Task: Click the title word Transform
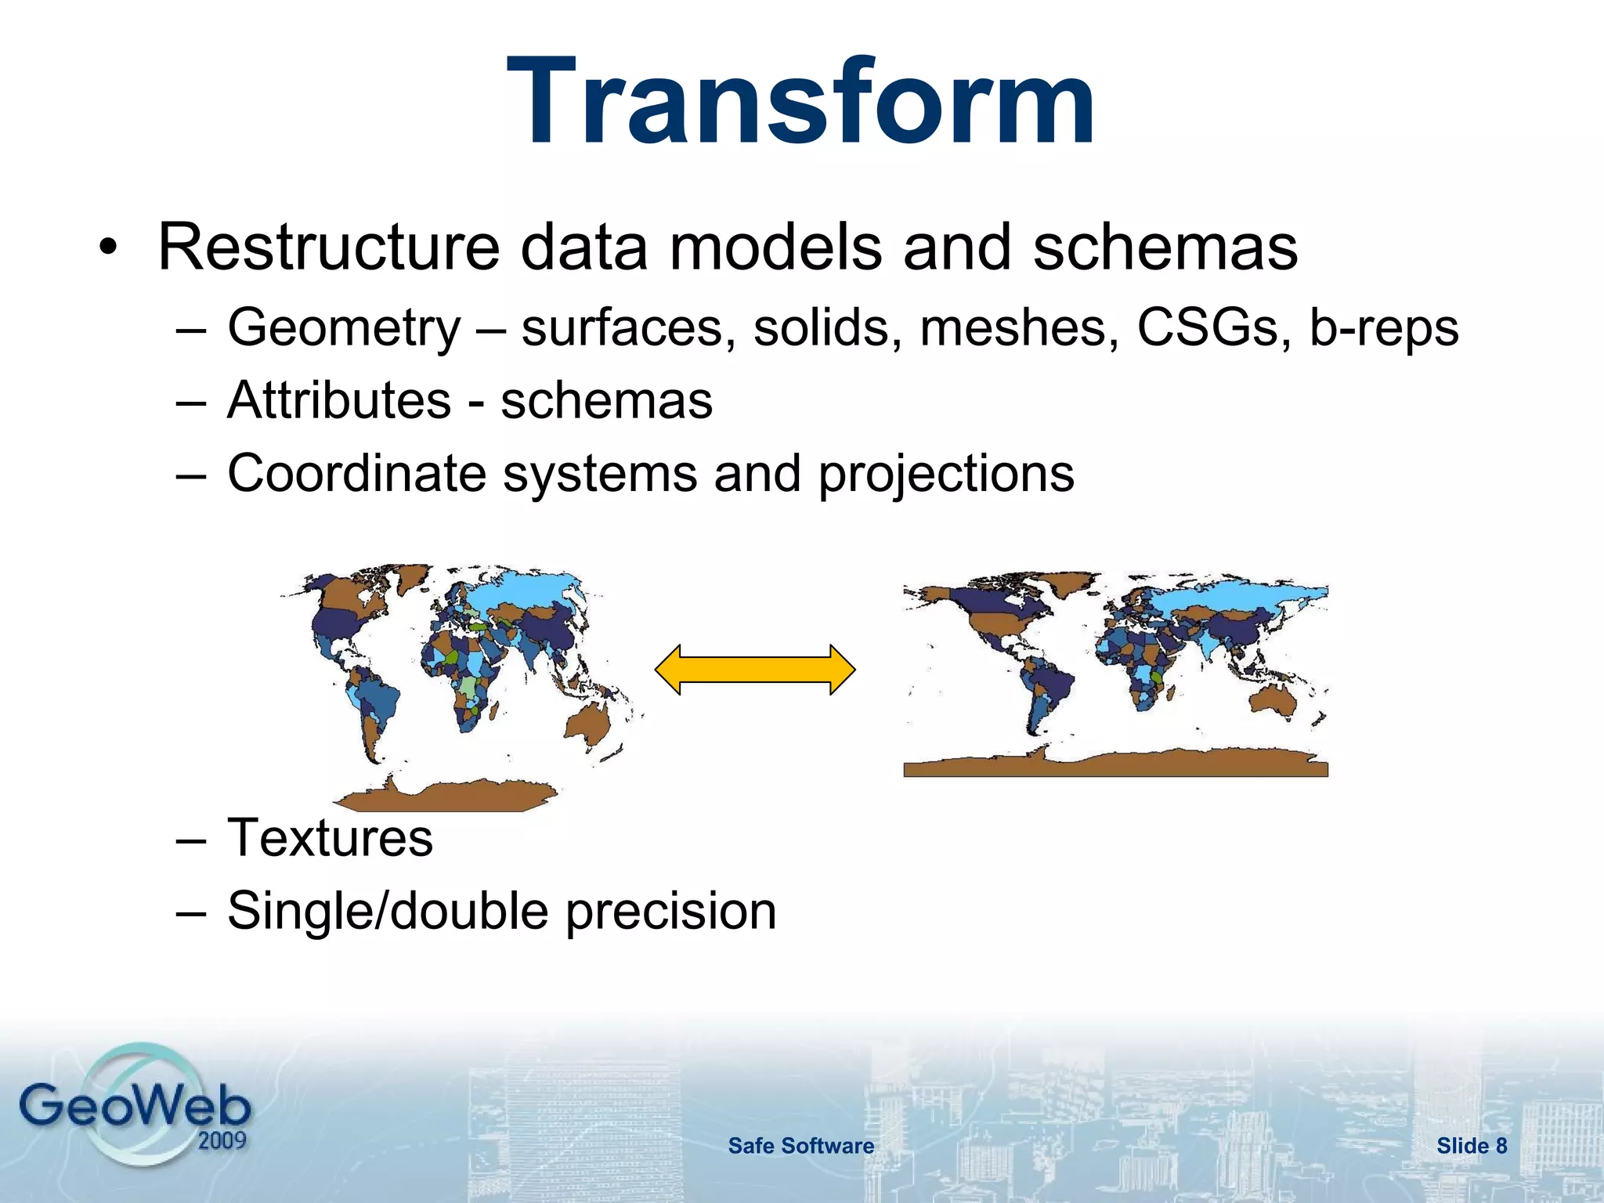click(x=800, y=102)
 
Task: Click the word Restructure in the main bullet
click(x=328, y=247)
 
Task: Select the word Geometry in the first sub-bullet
click(x=343, y=327)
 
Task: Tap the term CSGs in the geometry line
click(x=1207, y=327)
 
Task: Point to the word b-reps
click(x=1384, y=327)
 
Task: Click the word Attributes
click(x=338, y=400)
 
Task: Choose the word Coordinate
click(x=356, y=473)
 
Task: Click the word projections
click(x=946, y=475)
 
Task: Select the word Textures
click(x=330, y=837)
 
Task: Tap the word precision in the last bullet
click(x=670, y=911)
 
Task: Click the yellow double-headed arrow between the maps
click(x=755, y=670)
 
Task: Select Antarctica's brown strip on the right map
click(x=1115, y=763)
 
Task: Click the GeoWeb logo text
click(x=135, y=1106)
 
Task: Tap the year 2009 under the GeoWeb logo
click(x=222, y=1140)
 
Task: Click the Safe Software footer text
click(x=800, y=1146)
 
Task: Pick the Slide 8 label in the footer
click(x=1471, y=1146)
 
